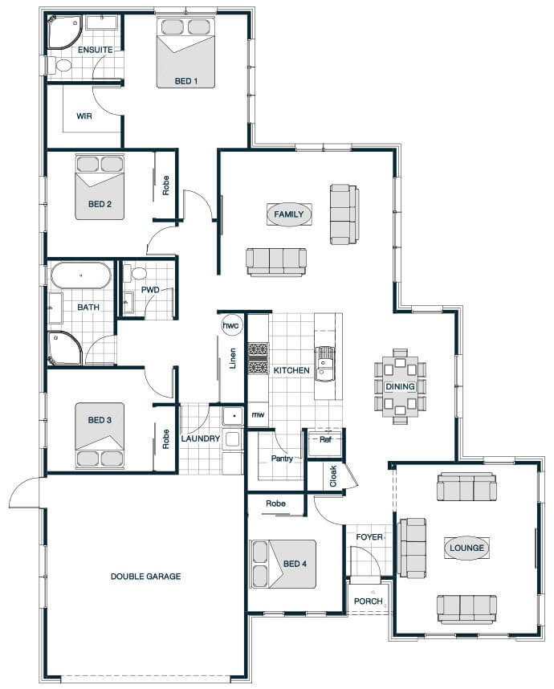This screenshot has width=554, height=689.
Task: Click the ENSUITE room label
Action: click(95, 50)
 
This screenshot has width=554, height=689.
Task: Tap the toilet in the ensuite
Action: click(61, 66)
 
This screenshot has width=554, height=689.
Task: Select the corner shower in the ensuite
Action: click(64, 31)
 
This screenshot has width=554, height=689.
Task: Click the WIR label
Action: click(84, 116)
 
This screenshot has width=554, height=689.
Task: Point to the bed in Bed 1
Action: click(185, 53)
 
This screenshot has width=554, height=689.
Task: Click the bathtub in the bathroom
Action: click(81, 275)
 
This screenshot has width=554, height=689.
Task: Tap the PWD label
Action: click(150, 290)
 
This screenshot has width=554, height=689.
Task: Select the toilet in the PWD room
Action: click(136, 273)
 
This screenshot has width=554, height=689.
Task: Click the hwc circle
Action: click(230, 325)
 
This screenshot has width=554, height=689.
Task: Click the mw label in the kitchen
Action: click(258, 414)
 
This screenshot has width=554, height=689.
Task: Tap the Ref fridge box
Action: click(325, 443)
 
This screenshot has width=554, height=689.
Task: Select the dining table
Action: click(400, 387)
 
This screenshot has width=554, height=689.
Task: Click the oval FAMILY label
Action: click(289, 214)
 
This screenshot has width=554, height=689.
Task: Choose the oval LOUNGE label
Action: click(466, 548)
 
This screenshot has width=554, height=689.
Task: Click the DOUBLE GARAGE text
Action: click(145, 576)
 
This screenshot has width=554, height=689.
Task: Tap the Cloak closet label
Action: click(333, 476)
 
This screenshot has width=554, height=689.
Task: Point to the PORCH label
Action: click(369, 601)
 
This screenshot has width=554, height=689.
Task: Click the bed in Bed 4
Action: click(283, 565)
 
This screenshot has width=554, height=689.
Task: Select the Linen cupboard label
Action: click(233, 358)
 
